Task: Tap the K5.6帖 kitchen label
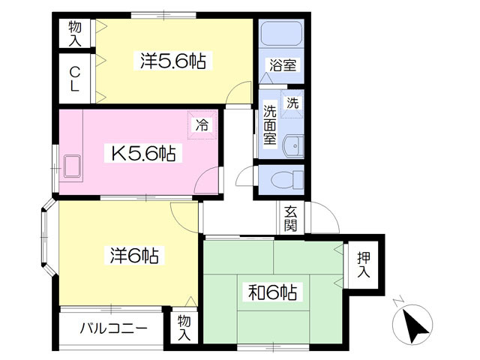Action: pyautogui.click(x=143, y=154)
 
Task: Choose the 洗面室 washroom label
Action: pyautogui.click(x=270, y=124)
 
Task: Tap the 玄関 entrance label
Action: pyautogui.click(x=290, y=218)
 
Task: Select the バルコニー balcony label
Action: pyautogui.click(x=112, y=328)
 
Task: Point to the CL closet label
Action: pyautogui.click(x=75, y=79)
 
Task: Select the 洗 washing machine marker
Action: pyautogui.click(x=294, y=103)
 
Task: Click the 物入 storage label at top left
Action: pyautogui.click(x=75, y=33)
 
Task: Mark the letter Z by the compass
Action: pyautogui.click(x=397, y=301)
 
